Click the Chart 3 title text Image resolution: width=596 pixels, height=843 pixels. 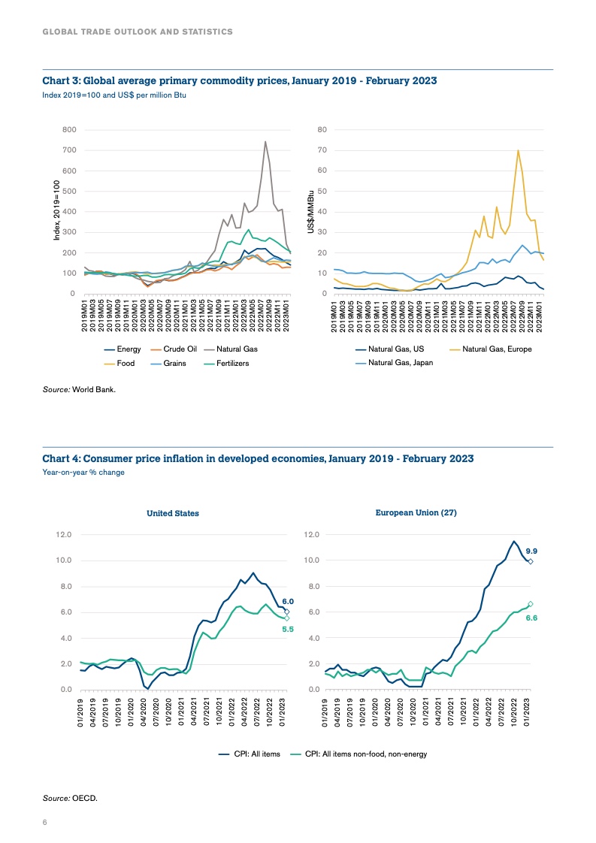pyautogui.click(x=239, y=80)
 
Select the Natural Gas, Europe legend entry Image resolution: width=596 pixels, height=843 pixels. pyautogui.click(x=497, y=349)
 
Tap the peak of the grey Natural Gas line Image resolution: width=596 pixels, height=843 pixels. pyautogui.click(x=265, y=141)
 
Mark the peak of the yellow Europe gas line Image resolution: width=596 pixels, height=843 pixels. pyautogui.click(x=518, y=150)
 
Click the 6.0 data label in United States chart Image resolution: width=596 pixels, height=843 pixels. pyautogui.click(x=287, y=601)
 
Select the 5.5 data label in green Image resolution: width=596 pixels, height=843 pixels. pyautogui.click(x=287, y=630)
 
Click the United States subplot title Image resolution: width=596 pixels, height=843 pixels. pyautogui.click(x=172, y=513)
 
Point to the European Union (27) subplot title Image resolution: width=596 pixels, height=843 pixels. pyautogui.click(x=416, y=512)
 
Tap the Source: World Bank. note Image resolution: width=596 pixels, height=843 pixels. pyautogui.click(x=79, y=389)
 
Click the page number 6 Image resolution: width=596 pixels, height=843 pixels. pyautogui.click(x=44, y=823)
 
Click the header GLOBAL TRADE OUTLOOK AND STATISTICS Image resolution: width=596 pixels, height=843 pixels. pyautogui.click(x=137, y=32)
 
